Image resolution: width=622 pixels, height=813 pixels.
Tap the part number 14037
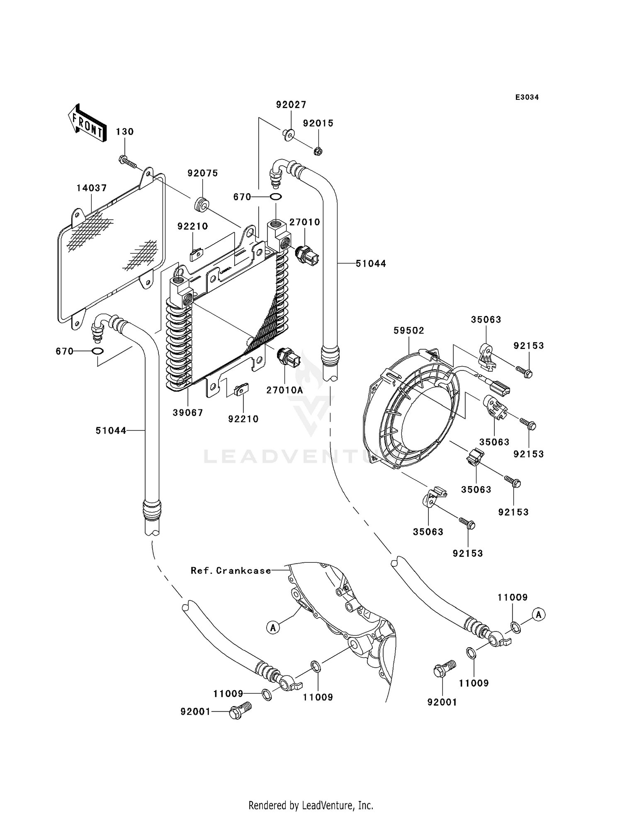pos(92,188)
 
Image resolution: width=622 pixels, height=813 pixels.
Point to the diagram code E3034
pos(527,97)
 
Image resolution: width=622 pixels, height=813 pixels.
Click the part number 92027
pos(291,105)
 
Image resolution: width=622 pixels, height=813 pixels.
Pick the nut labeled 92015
pos(318,151)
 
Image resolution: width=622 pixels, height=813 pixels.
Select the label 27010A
pos(284,390)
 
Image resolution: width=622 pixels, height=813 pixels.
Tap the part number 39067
pos(188,413)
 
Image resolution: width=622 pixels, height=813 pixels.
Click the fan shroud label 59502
pos(409,331)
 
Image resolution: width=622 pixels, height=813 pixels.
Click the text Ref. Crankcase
pos(231,571)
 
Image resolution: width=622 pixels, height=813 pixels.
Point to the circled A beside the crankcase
pos(273,628)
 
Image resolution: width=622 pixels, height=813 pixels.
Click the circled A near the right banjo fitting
pos(539,615)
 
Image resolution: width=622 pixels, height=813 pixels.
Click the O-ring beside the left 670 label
pos(98,351)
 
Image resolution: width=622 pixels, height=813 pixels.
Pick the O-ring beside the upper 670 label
pos(276,197)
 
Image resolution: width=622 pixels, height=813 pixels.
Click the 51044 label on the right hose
pos(371,264)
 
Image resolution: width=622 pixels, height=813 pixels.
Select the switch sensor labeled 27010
pos(306,255)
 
